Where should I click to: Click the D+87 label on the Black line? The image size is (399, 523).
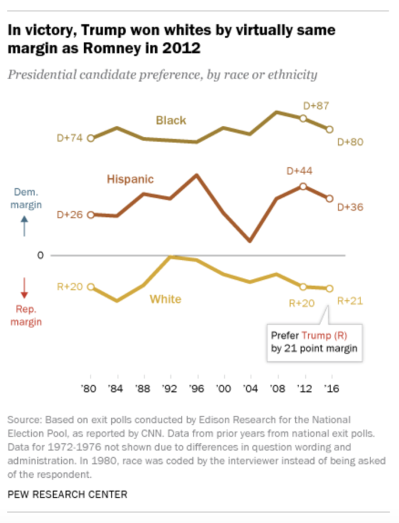click(x=316, y=105)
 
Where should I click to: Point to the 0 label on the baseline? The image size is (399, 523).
click(x=41, y=256)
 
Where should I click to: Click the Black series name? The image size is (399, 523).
click(x=171, y=120)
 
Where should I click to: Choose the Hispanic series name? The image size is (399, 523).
click(x=130, y=179)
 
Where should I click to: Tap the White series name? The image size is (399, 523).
click(x=165, y=299)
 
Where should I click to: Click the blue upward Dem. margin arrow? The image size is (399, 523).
click(x=25, y=227)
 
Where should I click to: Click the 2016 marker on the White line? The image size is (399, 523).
click(x=329, y=288)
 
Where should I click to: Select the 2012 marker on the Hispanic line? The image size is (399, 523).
click(x=303, y=186)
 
